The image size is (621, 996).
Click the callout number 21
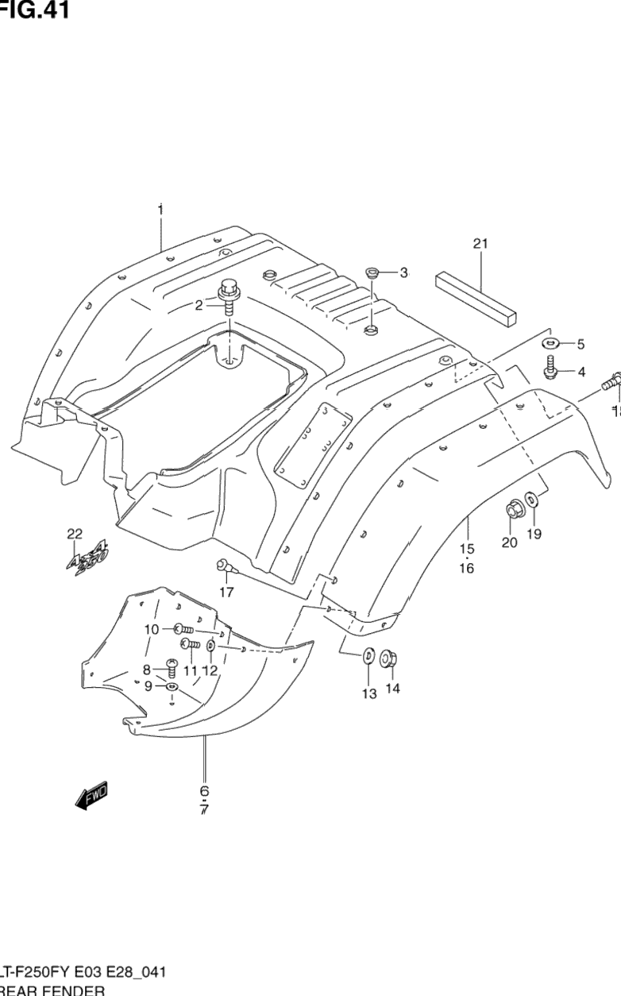pos(480,244)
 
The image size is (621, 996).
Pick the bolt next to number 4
pos(550,367)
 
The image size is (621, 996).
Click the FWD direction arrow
pos(91,796)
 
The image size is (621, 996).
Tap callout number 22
pos(75,534)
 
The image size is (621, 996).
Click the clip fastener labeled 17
pos(224,567)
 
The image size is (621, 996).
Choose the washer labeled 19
pos(531,500)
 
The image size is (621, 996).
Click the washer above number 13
pos(369,658)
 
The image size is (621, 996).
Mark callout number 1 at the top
pos(160,210)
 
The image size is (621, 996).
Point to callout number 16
pos(466,568)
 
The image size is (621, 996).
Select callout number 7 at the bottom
pos(204,810)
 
